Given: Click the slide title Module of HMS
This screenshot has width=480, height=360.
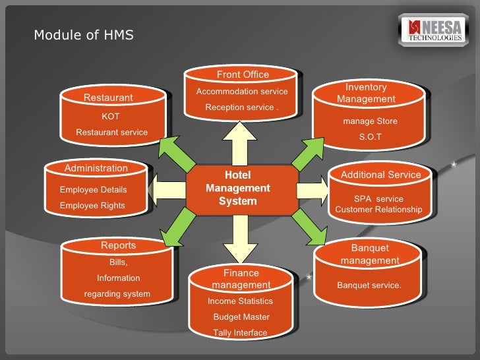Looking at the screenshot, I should tap(84, 35).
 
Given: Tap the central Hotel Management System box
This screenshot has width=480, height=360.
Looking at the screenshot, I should tap(238, 188).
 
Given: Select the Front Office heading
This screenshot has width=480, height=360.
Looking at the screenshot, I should tap(243, 75).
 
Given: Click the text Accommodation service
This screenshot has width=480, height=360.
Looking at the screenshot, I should tap(242, 91).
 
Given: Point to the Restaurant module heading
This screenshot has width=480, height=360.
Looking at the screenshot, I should tap(108, 98).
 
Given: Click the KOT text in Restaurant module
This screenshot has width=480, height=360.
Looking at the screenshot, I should tap(111, 116).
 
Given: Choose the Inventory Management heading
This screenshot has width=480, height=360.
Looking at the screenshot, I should tap(366, 93).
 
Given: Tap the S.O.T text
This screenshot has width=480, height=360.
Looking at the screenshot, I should tap(370, 137).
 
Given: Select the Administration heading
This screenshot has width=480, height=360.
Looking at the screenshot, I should tap(96, 168).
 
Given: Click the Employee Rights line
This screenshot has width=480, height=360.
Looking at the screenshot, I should tap(92, 205).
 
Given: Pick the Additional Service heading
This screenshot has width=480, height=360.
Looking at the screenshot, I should tap(380, 175).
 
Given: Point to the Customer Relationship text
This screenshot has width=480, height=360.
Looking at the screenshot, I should tap(378, 210).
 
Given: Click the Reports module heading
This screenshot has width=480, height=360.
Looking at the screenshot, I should tap(118, 245).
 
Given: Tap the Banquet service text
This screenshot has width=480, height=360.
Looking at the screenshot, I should tap(369, 285).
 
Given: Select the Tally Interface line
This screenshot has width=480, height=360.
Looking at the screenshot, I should tap(240, 332).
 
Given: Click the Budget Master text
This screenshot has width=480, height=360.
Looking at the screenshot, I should tap(241, 316).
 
